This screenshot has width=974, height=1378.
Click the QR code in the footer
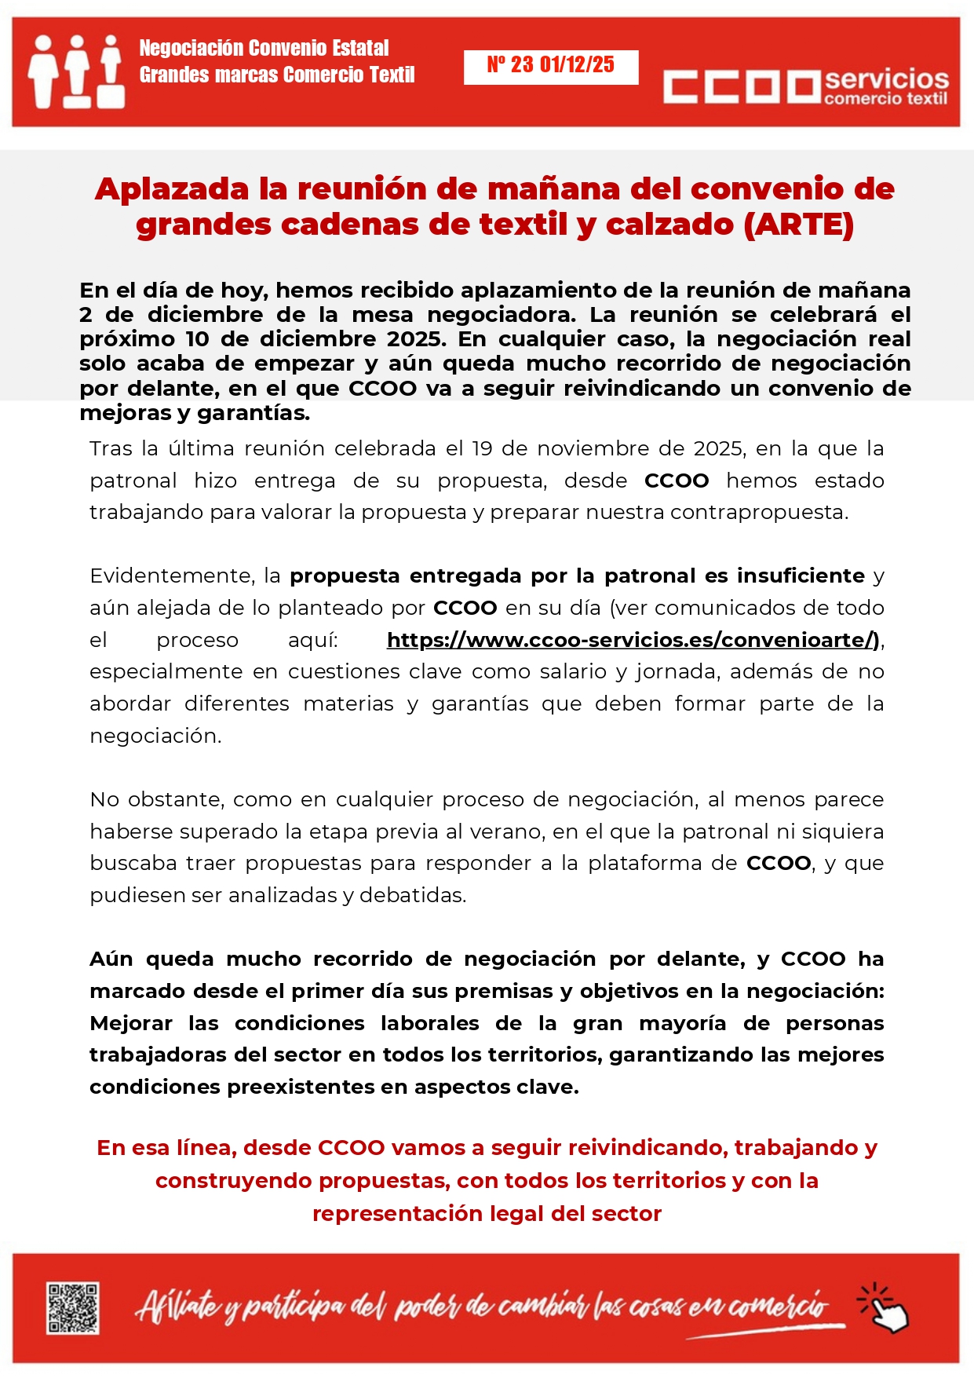point(72,1307)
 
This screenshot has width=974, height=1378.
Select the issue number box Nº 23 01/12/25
point(550,66)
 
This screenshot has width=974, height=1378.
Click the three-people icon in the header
point(75,71)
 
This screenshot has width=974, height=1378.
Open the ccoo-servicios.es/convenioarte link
point(633,640)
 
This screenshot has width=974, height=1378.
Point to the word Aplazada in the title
point(171,189)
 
